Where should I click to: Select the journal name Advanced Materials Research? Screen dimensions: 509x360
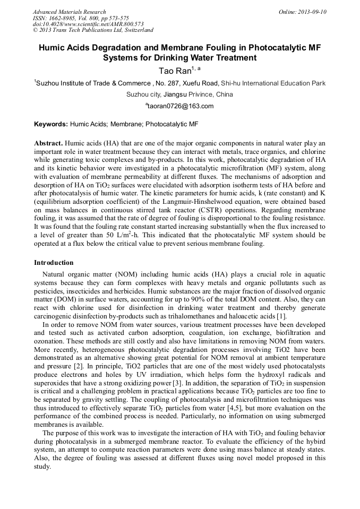pyautogui.click(x=69, y=12)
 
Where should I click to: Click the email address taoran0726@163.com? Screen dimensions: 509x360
pyautogui.click(x=181, y=106)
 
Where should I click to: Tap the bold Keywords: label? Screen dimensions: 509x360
pyautogui.click(x=51, y=124)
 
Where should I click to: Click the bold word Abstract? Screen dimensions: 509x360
pyautogui.click(x=48, y=143)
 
